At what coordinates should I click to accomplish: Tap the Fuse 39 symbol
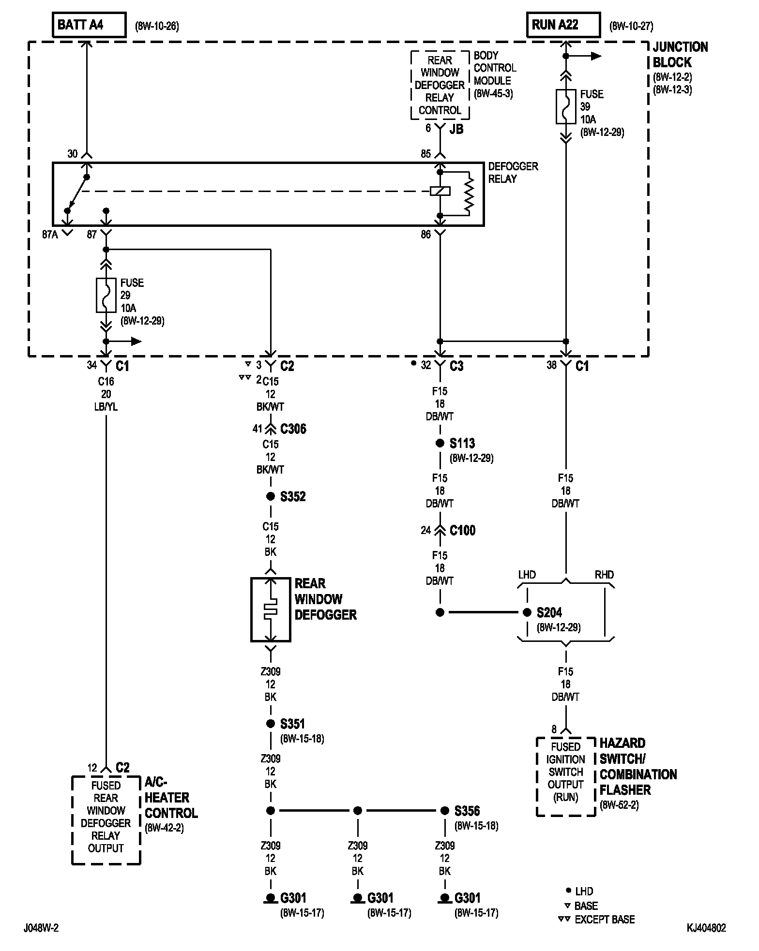point(566,106)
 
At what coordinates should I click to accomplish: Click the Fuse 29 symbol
point(106,295)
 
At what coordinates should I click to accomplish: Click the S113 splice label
point(462,444)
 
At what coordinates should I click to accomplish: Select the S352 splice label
point(293,497)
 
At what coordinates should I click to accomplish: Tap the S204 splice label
point(549,613)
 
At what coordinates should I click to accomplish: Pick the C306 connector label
point(293,429)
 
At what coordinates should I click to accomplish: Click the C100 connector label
point(463,531)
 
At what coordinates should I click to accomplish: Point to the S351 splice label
point(292,724)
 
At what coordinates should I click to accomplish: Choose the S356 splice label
point(467,811)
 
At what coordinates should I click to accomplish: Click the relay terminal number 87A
point(50,235)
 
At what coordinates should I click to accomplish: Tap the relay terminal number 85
point(425,154)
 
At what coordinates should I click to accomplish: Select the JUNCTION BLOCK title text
point(680,55)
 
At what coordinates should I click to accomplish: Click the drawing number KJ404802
point(706,928)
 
